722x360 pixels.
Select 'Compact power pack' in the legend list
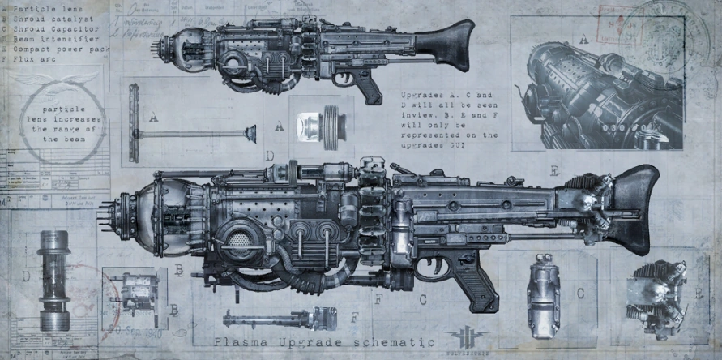tap(60, 48)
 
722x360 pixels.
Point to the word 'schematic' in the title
tap(378, 342)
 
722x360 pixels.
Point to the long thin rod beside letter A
tap(194, 134)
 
